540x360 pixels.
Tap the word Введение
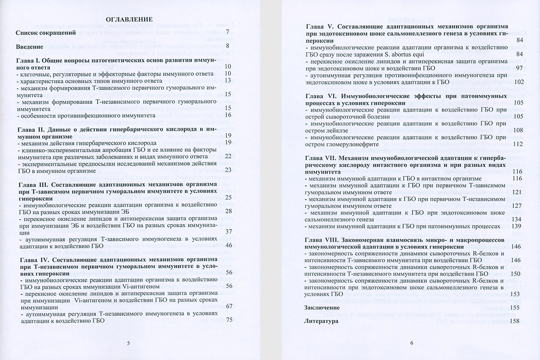29,46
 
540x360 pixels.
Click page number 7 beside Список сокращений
228,32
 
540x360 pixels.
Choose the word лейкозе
333,130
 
